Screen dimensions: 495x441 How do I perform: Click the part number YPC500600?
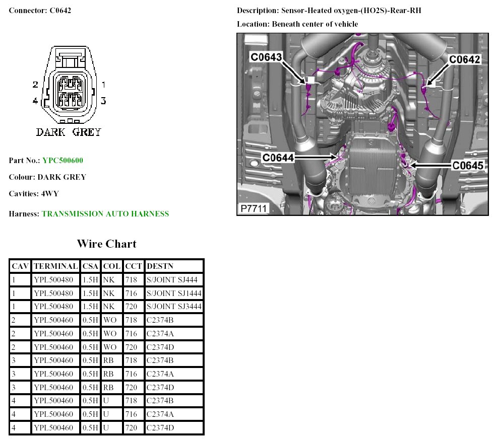(x=63, y=161)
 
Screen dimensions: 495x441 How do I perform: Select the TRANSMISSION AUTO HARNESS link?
(x=105, y=214)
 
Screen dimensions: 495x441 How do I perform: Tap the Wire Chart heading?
(x=107, y=244)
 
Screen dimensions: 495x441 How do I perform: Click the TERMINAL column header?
(x=55, y=266)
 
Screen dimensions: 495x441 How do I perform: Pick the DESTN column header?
(x=160, y=266)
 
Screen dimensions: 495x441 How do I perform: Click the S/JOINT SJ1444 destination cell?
(x=174, y=293)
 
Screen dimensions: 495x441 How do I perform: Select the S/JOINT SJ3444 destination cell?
(x=174, y=307)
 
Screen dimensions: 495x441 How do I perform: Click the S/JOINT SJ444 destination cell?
(x=172, y=279)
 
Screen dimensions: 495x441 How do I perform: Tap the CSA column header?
(x=90, y=266)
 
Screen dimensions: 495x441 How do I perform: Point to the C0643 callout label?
(x=266, y=57)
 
